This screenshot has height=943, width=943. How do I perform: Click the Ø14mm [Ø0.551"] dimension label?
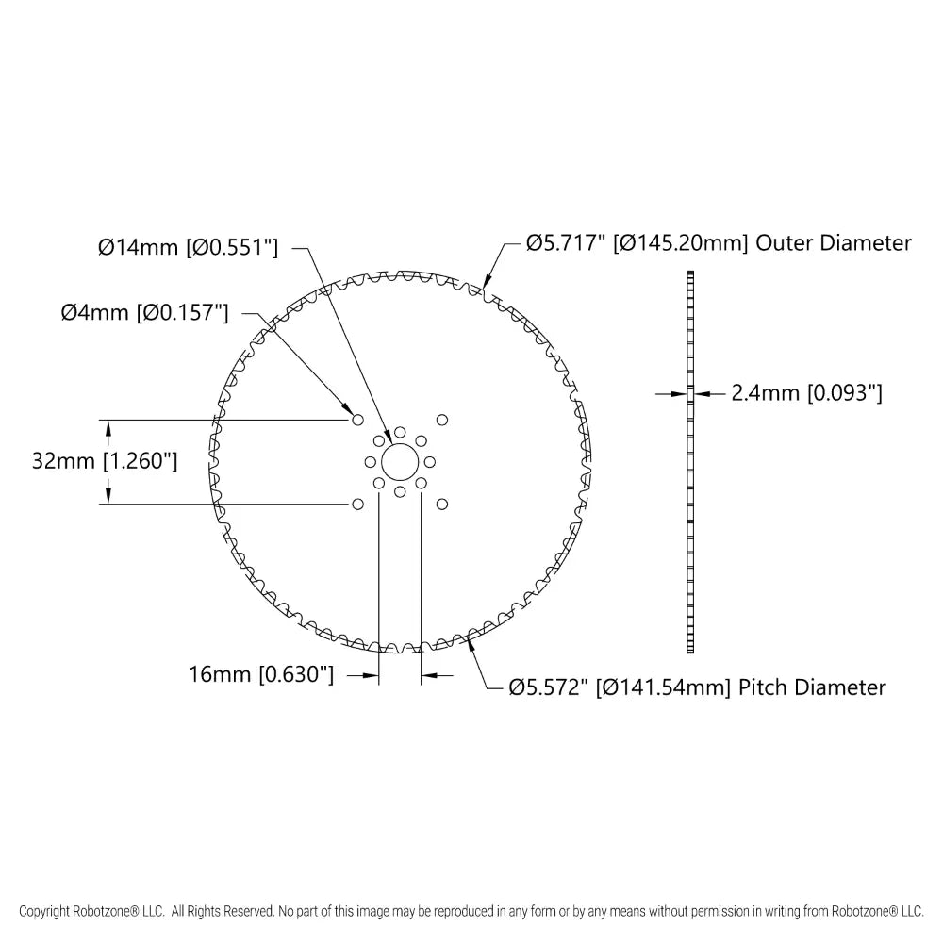189,247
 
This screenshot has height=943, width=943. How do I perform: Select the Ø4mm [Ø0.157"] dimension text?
145,313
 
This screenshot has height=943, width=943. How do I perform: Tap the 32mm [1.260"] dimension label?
105,461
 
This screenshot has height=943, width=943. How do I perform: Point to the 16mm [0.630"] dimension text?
261,674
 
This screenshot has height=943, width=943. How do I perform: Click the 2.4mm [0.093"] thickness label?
806,393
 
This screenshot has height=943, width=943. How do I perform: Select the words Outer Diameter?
834,243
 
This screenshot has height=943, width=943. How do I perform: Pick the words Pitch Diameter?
813,687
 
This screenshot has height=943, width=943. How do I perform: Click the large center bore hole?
400,462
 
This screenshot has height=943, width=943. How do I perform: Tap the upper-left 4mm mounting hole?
357,420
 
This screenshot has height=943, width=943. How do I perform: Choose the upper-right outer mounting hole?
442,420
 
